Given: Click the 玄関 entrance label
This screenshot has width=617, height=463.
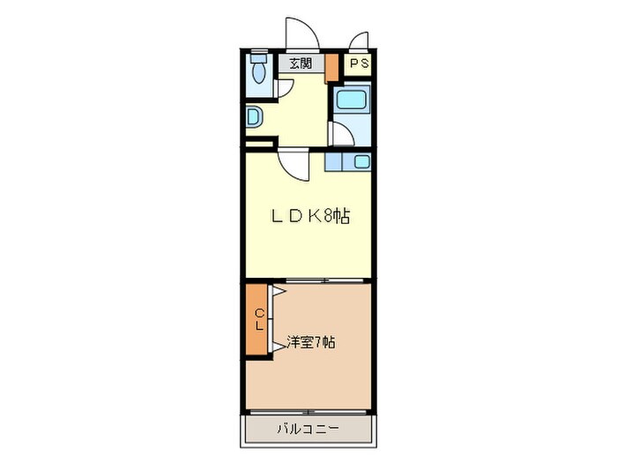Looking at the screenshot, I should tap(300, 63).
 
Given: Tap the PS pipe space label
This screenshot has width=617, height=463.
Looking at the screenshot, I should tap(359, 63).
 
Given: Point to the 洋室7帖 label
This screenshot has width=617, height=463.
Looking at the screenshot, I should tap(309, 342).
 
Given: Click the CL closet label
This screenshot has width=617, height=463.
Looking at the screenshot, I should tap(259, 319).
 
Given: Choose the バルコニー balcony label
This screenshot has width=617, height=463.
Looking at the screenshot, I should tap(308, 429).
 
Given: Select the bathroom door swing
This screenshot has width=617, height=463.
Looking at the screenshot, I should tap(341, 133).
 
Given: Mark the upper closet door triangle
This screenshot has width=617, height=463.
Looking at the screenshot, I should tap(277, 291).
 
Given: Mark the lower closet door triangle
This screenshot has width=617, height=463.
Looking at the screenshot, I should tap(277, 346).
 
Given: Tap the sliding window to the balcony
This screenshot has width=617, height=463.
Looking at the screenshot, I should tap(308, 412).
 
